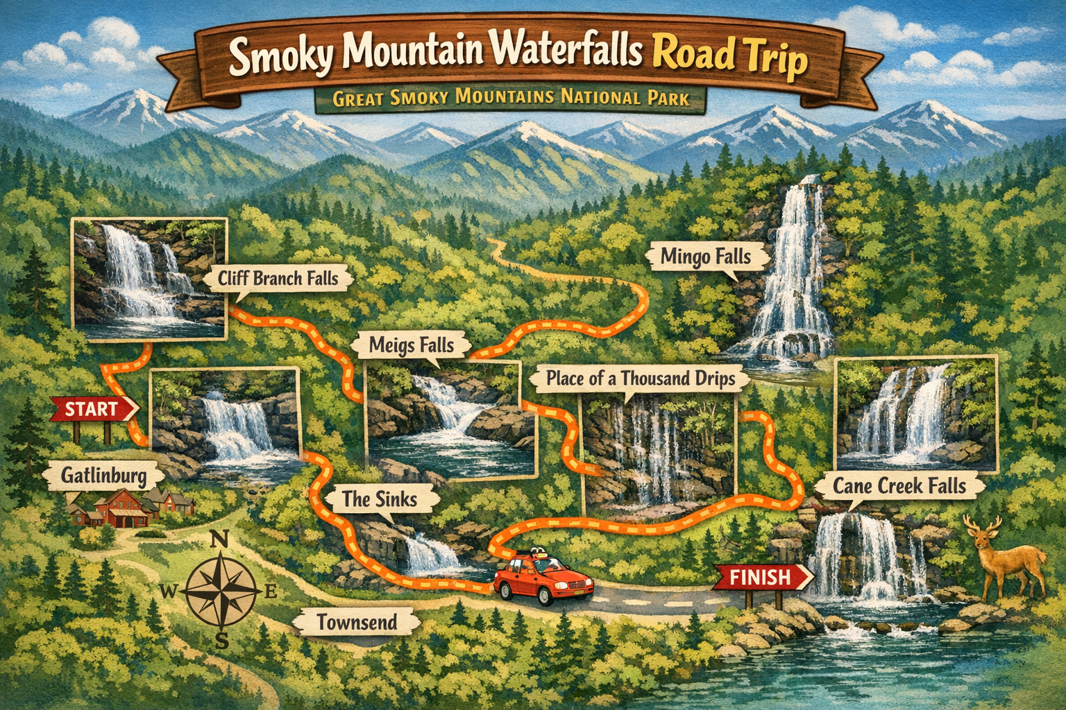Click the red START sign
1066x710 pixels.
click(93, 409)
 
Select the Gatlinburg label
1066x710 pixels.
click(103, 476)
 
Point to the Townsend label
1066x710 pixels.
click(357, 622)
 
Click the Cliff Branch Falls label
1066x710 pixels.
click(278, 279)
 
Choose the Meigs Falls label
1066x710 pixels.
click(412, 345)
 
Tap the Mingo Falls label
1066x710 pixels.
click(706, 257)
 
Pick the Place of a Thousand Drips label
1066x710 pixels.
click(640, 379)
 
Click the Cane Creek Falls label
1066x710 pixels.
click(899, 486)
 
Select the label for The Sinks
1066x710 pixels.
click(380, 499)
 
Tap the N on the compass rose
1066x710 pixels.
click(220, 539)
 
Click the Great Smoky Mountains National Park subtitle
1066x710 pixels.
click(511, 98)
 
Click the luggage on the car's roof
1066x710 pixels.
click(535, 554)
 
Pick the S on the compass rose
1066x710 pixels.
click(221, 641)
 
